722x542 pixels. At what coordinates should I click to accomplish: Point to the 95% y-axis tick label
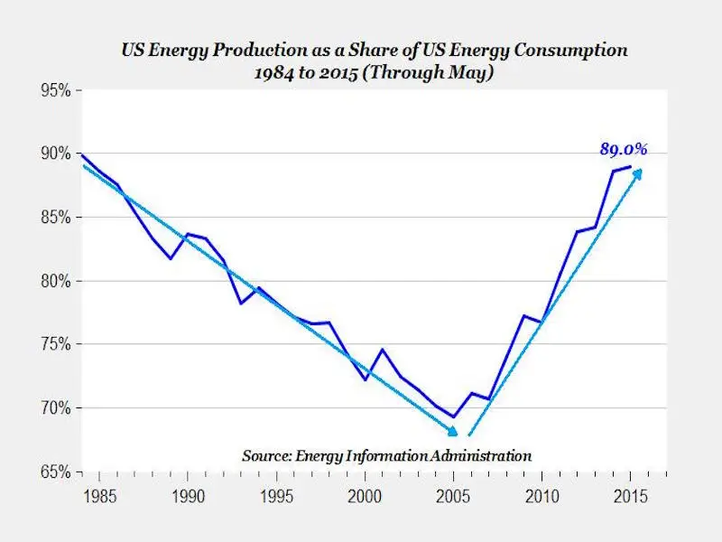[57, 90]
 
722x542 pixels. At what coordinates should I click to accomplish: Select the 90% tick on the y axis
[57, 154]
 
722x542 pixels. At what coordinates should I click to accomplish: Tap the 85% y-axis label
[57, 217]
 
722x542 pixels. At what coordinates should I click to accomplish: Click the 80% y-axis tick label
[57, 281]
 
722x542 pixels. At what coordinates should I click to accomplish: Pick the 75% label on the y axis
[57, 344]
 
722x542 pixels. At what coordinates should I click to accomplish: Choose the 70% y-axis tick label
[57, 408]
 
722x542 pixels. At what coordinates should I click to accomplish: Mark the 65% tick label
[57, 472]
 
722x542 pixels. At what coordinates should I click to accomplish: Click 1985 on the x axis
[98, 497]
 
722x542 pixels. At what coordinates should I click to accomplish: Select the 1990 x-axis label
[187, 497]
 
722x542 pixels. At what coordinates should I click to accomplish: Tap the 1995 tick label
[276, 497]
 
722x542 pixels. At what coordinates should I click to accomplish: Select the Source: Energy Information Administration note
[386, 455]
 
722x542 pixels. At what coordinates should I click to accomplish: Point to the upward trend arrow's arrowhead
[639, 173]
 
